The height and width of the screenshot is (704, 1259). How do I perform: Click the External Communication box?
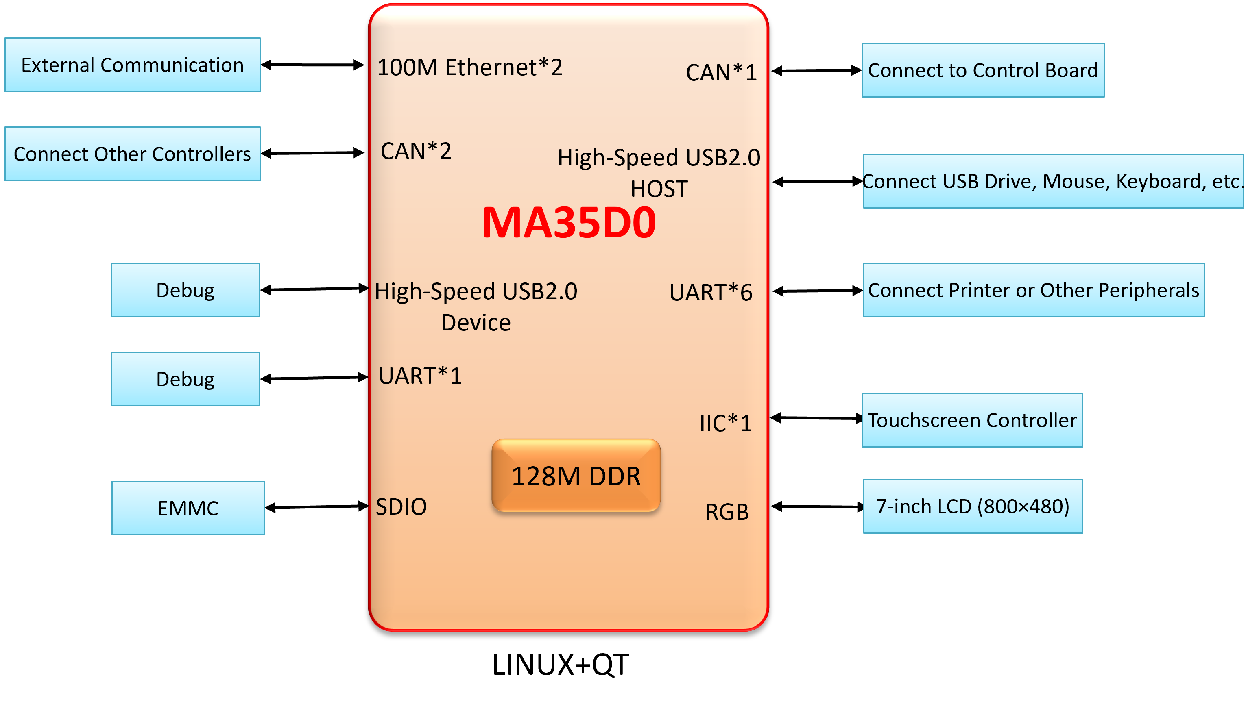click(x=133, y=65)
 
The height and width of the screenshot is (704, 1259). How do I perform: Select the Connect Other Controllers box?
click(x=133, y=154)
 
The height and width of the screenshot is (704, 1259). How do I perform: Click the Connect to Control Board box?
click(x=983, y=70)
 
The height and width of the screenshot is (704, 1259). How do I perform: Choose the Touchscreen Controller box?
click(x=972, y=420)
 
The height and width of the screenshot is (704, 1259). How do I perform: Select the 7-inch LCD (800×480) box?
click(x=973, y=506)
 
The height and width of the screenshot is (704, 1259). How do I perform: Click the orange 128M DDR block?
click(x=576, y=476)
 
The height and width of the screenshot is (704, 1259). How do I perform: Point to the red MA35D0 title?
click(x=569, y=223)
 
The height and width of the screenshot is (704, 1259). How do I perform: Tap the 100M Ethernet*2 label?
click(x=470, y=67)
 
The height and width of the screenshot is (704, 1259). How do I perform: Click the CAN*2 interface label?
click(x=416, y=151)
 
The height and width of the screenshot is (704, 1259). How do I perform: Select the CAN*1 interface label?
click(x=721, y=73)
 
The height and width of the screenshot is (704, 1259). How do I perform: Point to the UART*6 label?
click(x=711, y=292)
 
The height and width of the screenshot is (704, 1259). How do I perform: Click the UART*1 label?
click(x=420, y=376)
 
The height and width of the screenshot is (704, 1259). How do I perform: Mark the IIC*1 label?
click(x=725, y=423)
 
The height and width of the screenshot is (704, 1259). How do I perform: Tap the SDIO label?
click(x=401, y=507)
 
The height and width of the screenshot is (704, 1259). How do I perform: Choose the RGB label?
click(x=727, y=512)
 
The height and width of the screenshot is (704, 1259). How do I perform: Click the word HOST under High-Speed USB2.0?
click(x=659, y=189)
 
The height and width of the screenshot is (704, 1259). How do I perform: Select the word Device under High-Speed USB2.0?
click(x=476, y=323)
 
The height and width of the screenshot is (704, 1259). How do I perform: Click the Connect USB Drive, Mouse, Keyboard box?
click(x=1053, y=181)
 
